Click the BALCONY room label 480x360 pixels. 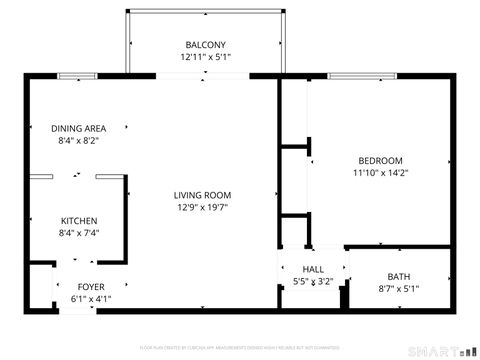206,44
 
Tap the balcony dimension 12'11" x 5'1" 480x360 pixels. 206,58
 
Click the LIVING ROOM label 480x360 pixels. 203,195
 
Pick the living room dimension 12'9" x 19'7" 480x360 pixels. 203,208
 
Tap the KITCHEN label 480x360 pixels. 79,220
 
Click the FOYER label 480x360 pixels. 91,285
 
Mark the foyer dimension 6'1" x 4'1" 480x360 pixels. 91,298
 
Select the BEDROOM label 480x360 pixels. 381,160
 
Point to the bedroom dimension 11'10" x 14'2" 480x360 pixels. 381,173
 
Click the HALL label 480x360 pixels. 313,269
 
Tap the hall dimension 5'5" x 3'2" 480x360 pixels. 313,282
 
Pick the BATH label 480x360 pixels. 399,276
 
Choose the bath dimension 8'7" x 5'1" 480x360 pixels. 399,289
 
